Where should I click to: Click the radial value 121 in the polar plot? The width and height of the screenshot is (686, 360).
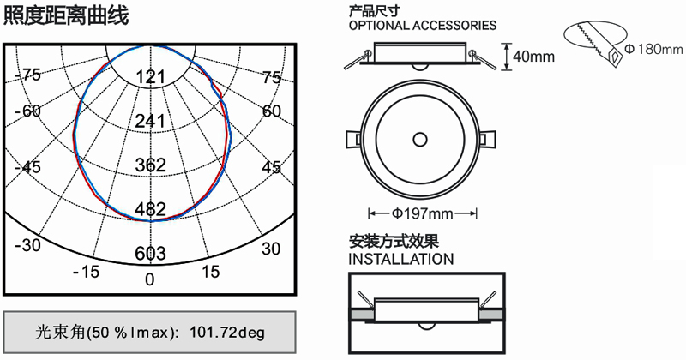pyautogui.click(x=151, y=77)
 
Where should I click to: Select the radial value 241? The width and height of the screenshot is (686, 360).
pyautogui.click(x=151, y=121)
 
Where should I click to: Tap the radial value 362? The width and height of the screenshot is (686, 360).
pyautogui.click(x=151, y=165)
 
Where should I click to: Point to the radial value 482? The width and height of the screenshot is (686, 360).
pyautogui.click(x=151, y=209)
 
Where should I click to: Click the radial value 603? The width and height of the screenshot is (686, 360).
pyautogui.click(x=151, y=253)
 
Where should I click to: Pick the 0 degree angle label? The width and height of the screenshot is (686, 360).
pyautogui.click(x=150, y=279)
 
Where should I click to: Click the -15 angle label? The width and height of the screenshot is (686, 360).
pyautogui.click(x=87, y=272)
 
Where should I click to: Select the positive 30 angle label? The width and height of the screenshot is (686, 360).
pyautogui.click(x=271, y=249)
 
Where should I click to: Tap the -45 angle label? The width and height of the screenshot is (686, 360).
pyautogui.click(x=27, y=167)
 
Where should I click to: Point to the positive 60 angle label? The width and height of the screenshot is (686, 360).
pyautogui.click(x=271, y=111)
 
